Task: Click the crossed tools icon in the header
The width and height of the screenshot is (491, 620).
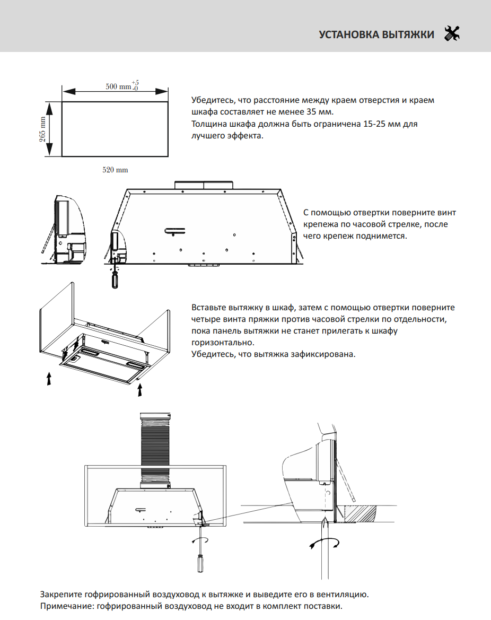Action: (452, 34)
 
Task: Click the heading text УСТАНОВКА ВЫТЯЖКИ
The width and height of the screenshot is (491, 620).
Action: (376, 35)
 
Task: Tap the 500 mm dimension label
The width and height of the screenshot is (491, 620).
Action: (118, 86)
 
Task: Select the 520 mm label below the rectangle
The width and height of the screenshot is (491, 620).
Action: (115, 170)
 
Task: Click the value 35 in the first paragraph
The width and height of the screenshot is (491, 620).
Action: (313, 112)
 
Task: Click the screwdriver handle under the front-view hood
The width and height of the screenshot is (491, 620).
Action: (113, 281)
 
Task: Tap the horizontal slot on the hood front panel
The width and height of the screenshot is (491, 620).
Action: (174, 230)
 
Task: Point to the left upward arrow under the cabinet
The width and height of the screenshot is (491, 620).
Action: (49, 379)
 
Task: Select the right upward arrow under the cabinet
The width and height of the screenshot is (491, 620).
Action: (140, 391)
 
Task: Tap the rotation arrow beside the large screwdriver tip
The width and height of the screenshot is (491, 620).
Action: (323, 543)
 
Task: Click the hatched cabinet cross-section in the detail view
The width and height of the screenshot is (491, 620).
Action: (361, 513)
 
